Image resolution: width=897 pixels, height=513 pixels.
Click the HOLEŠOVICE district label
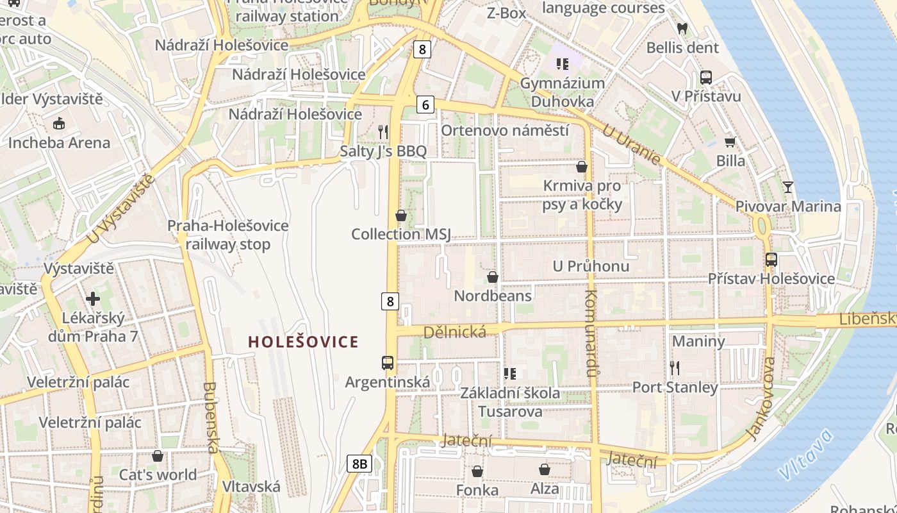coord(303,342)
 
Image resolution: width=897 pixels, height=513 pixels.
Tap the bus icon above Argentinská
coord(388,362)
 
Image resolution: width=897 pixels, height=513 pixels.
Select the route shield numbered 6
coord(425,105)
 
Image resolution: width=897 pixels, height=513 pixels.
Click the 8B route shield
coord(360,464)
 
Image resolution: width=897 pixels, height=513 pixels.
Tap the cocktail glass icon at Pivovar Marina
coord(787,187)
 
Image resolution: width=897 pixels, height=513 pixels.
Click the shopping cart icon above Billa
coord(730,142)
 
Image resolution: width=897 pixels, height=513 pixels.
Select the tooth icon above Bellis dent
coord(682,29)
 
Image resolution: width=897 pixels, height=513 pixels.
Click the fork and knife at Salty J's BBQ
coord(383,132)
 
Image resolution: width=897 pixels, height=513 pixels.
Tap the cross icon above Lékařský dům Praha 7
coord(93,299)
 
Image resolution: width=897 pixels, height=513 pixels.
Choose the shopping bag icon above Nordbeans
coord(493,277)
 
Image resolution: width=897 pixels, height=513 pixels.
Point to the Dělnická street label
coord(455,332)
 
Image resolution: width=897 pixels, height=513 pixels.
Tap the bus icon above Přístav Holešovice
coord(771,260)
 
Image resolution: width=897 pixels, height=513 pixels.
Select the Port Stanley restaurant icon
coord(674,368)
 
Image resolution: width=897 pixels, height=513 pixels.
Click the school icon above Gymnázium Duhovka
coord(563,63)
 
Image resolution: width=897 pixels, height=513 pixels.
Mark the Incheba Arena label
coord(59,142)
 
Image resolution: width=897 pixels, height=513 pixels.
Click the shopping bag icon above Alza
coord(545,469)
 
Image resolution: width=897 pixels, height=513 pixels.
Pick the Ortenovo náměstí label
coord(505,130)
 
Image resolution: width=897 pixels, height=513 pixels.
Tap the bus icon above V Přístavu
coord(706,78)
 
